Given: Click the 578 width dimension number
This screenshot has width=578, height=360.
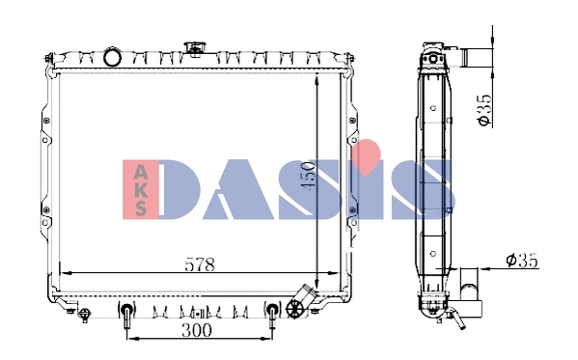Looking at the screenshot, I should click(x=198, y=263).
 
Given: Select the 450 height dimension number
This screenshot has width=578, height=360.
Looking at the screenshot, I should click(x=307, y=176).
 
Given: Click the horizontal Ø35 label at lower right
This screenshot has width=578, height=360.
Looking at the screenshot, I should click(x=521, y=260).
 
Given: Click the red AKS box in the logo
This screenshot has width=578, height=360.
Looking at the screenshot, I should click(x=141, y=188).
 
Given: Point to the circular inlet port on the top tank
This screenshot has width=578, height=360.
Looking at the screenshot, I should click(x=113, y=56).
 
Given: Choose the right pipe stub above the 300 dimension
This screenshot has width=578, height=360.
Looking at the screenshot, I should click(x=272, y=316).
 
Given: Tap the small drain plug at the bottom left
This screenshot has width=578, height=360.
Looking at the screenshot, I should click(x=85, y=313).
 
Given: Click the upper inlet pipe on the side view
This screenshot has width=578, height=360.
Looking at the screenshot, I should click(x=474, y=57).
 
